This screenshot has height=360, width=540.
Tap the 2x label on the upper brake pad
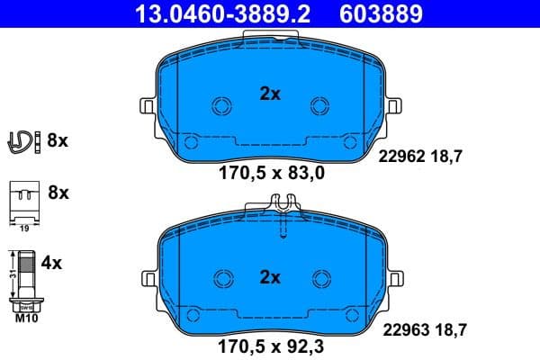pyautogui.click(x=270, y=94)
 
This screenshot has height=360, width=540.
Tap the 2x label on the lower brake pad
pyautogui.click(x=270, y=276)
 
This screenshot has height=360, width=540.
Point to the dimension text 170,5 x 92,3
pyautogui.click(x=270, y=343)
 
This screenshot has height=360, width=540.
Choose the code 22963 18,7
pyautogui.click(x=426, y=329)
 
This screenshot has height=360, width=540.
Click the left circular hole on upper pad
pyautogui.click(x=220, y=106)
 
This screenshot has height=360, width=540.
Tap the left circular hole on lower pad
pyautogui.click(x=220, y=280)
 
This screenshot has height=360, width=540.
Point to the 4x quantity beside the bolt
pyautogui.click(x=52, y=263)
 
